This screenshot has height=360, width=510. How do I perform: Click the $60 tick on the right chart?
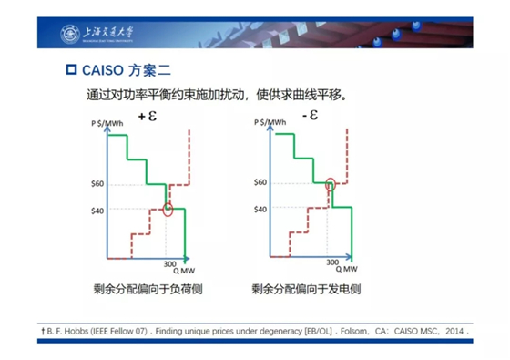262,183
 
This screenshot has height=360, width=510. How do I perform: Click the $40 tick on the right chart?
262,209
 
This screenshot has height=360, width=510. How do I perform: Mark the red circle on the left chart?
168,210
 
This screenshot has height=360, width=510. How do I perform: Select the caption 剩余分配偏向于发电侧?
308,290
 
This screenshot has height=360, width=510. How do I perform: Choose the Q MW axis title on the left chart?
178,270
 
